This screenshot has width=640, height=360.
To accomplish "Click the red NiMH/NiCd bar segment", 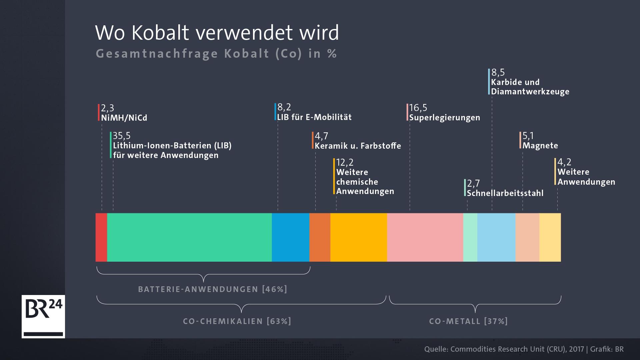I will pyautogui.click(x=101, y=237).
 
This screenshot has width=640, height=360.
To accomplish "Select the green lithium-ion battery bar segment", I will pyautogui.click(x=189, y=237).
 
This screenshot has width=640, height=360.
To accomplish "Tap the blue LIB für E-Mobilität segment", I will pyautogui.click(x=290, y=237).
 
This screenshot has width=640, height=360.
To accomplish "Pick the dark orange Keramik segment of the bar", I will pyautogui.click(x=320, y=237).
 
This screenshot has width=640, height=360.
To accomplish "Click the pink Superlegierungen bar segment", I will pyautogui.click(x=425, y=237).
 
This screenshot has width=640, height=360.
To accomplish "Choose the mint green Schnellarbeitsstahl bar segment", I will pyautogui.click(x=470, y=237).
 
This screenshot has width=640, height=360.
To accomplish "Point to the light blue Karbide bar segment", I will pyautogui.click(x=496, y=237).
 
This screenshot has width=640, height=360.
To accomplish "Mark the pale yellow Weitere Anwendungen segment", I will pyautogui.click(x=550, y=237).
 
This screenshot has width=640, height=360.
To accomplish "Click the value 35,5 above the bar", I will pyautogui.click(x=122, y=136).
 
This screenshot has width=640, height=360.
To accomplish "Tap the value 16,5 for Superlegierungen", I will pyautogui.click(x=418, y=108).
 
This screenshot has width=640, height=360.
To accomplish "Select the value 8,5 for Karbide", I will pyautogui.click(x=498, y=72).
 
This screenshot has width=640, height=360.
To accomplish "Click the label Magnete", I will pyautogui.click(x=540, y=146).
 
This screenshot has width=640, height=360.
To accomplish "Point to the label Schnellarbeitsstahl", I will pyautogui.click(x=505, y=193).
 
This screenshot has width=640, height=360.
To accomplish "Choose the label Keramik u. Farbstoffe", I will pyautogui.click(x=358, y=146).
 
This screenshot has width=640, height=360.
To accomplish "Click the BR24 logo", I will pyautogui.click(x=43, y=316).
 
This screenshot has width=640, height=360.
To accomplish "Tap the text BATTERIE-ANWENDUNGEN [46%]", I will pyautogui.click(x=213, y=289).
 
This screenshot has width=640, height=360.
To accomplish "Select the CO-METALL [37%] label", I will pyautogui.click(x=468, y=321).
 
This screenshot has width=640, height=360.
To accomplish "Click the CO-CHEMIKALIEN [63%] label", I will pyautogui.click(x=237, y=321).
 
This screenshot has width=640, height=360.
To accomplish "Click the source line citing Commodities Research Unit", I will pyautogui.click(x=524, y=349).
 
